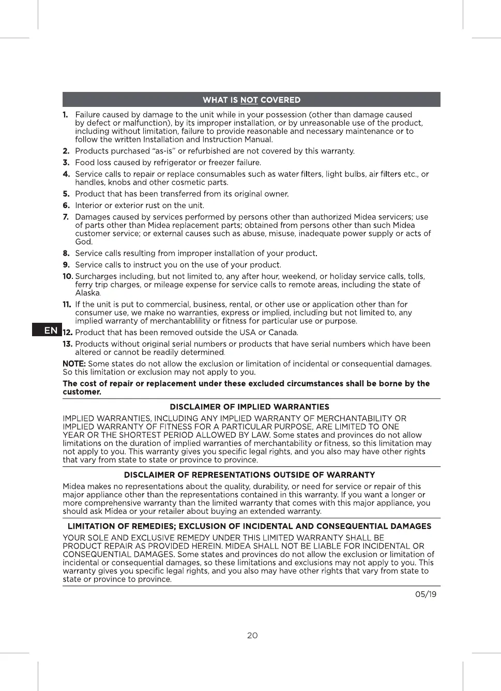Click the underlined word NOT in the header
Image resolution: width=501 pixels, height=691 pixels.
tap(249, 100)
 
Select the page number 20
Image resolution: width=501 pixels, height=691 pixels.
tap(252, 635)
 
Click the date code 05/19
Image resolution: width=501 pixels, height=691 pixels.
tap(426, 594)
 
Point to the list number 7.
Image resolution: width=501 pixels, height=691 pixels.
tap(66, 217)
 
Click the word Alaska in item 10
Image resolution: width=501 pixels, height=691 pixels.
tap(87, 293)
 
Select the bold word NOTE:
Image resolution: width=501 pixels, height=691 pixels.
tap(74, 364)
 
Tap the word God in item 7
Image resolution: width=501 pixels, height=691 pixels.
tap(83, 242)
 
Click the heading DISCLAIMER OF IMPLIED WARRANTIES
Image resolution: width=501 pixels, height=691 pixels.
tap(250, 407)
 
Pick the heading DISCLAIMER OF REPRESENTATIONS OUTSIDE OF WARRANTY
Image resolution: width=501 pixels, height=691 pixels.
tap(250, 475)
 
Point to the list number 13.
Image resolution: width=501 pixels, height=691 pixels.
tap(67, 344)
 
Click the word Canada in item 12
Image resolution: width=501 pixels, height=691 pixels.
tap(283, 333)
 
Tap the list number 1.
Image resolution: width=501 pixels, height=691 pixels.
tap(65, 115)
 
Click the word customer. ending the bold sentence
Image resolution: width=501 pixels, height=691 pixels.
tap(82, 392)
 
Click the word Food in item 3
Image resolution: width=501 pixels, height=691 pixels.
tap(85, 162)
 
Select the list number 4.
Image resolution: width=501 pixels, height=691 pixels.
tap(66, 174)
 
